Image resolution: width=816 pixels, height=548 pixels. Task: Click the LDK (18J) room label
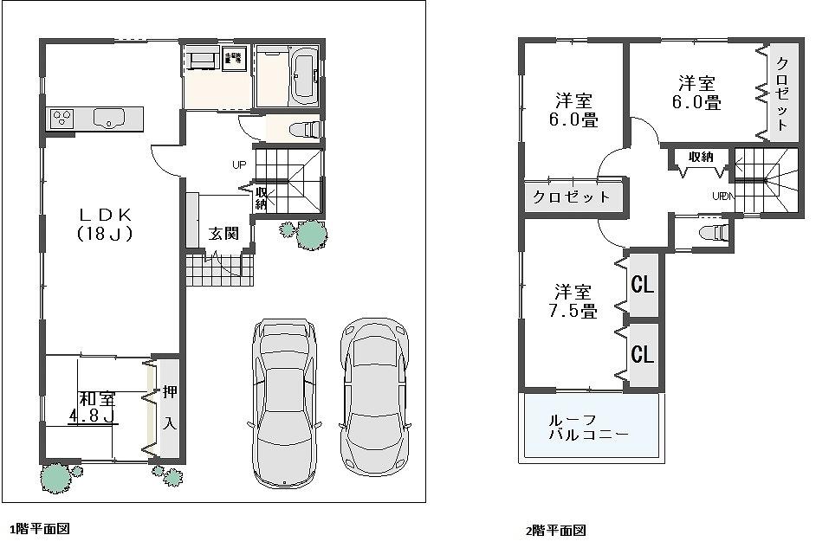click(104, 222)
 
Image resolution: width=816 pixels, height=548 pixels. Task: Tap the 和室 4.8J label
click(96, 408)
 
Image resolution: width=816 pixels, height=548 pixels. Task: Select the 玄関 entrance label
click(223, 233)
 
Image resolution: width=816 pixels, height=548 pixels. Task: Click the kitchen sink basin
click(109, 118)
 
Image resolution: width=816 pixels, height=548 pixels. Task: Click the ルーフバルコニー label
click(588, 427)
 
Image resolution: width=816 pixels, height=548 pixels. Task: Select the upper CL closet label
click(641, 284)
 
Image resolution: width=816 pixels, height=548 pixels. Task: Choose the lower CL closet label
click(641, 354)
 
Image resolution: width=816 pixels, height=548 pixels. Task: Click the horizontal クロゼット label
click(572, 197)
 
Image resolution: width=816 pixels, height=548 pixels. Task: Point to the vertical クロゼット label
click(781, 93)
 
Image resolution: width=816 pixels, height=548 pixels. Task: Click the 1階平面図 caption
click(39, 528)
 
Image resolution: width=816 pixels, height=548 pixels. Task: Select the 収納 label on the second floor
click(701, 157)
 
